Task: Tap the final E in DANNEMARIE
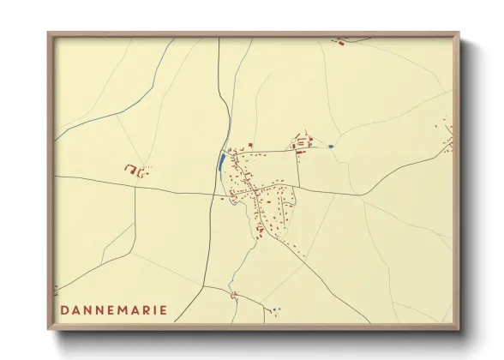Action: [165, 309]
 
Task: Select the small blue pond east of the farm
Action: [330, 147]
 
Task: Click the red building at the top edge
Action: [339, 40]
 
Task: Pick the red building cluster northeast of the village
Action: [302, 142]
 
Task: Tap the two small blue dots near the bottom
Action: [276, 310]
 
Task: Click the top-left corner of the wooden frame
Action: [50, 34]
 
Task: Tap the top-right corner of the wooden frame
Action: [458, 34]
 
